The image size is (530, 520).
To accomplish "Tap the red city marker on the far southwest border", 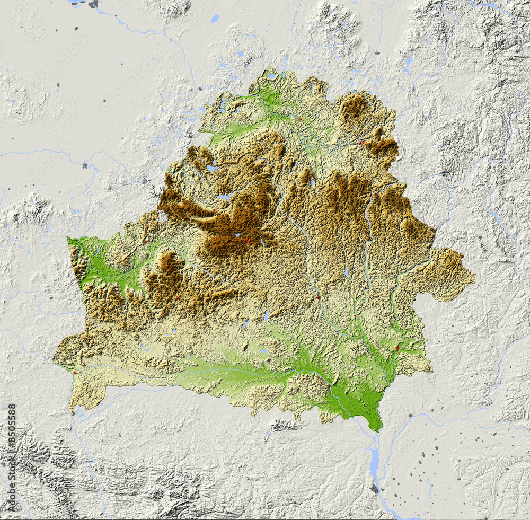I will click(x=75, y=372).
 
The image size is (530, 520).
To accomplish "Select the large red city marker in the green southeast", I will click(x=397, y=348).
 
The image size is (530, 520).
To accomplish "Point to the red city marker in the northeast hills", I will click(x=363, y=142).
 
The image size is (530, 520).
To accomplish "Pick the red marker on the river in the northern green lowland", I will click(x=299, y=120).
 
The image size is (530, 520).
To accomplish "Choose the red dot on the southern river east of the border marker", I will click(x=182, y=370).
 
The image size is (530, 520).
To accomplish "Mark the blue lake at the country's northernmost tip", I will click(x=271, y=76).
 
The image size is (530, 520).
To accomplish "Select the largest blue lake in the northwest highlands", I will click(x=227, y=196).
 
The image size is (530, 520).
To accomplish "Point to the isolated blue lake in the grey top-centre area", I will click(x=215, y=19).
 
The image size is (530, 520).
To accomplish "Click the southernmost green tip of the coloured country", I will click(x=377, y=428).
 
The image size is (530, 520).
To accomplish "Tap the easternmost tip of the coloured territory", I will click(x=474, y=275).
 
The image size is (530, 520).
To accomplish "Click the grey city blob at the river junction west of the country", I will click(x=85, y=165).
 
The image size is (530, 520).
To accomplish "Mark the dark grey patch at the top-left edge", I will click(x=93, y=4).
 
